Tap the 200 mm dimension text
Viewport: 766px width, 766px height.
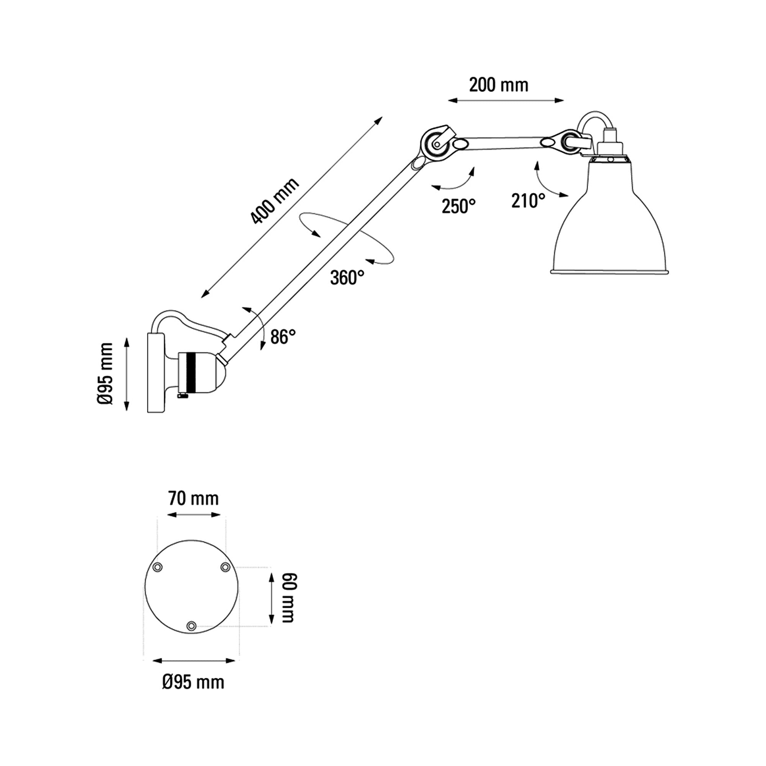coord(499,85)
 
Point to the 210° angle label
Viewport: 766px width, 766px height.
coord(528,201)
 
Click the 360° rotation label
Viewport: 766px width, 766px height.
coord(347,278)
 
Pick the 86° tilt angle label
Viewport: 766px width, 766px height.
coord(283,337)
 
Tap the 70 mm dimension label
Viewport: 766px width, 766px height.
coord(193,499)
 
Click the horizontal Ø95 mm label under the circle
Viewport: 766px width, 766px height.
coord(193,683)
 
